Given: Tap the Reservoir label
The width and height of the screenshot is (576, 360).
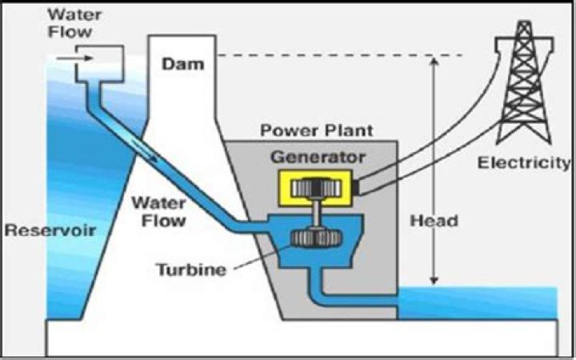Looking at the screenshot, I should [x=50, y=230].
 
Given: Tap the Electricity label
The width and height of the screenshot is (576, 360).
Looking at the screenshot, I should [x=525, y=163].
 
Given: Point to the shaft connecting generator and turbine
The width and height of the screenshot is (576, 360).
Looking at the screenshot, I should [x=318, y=214].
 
